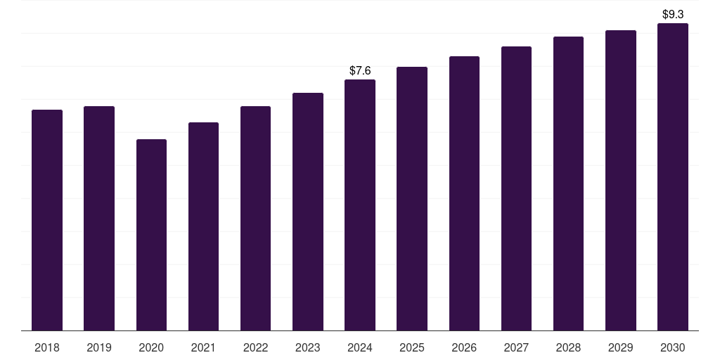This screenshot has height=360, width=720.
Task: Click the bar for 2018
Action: [47, 220]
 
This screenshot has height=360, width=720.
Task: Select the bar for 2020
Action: [151, 235]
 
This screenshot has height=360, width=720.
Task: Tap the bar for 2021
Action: [203, 226]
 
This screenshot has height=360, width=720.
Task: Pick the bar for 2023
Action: [308, 212]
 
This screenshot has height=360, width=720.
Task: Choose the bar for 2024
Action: [360, 205]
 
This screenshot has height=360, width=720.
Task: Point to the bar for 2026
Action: [464, 193]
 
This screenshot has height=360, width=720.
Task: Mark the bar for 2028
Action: [568, 184]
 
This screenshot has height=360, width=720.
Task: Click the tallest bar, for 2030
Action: [672, 177]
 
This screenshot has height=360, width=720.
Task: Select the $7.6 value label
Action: [360, 70]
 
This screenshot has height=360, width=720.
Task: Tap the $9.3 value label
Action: [673, 14]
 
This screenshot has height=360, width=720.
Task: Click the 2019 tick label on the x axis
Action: [99, 347]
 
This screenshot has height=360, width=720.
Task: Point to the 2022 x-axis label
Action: [255, 347]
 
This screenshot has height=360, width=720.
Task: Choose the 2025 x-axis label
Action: [412, 347]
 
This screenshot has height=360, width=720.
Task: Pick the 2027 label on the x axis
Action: [516, 347]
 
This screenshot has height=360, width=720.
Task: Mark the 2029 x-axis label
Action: [620, 347]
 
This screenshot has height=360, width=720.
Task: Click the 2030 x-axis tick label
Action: [672, 347]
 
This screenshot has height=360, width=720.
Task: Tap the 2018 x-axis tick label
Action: [47, 347]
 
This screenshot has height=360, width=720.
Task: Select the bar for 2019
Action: [99, 218]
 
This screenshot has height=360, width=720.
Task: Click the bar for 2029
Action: [620, 180]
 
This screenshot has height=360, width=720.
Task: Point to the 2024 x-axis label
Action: [360, 347]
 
